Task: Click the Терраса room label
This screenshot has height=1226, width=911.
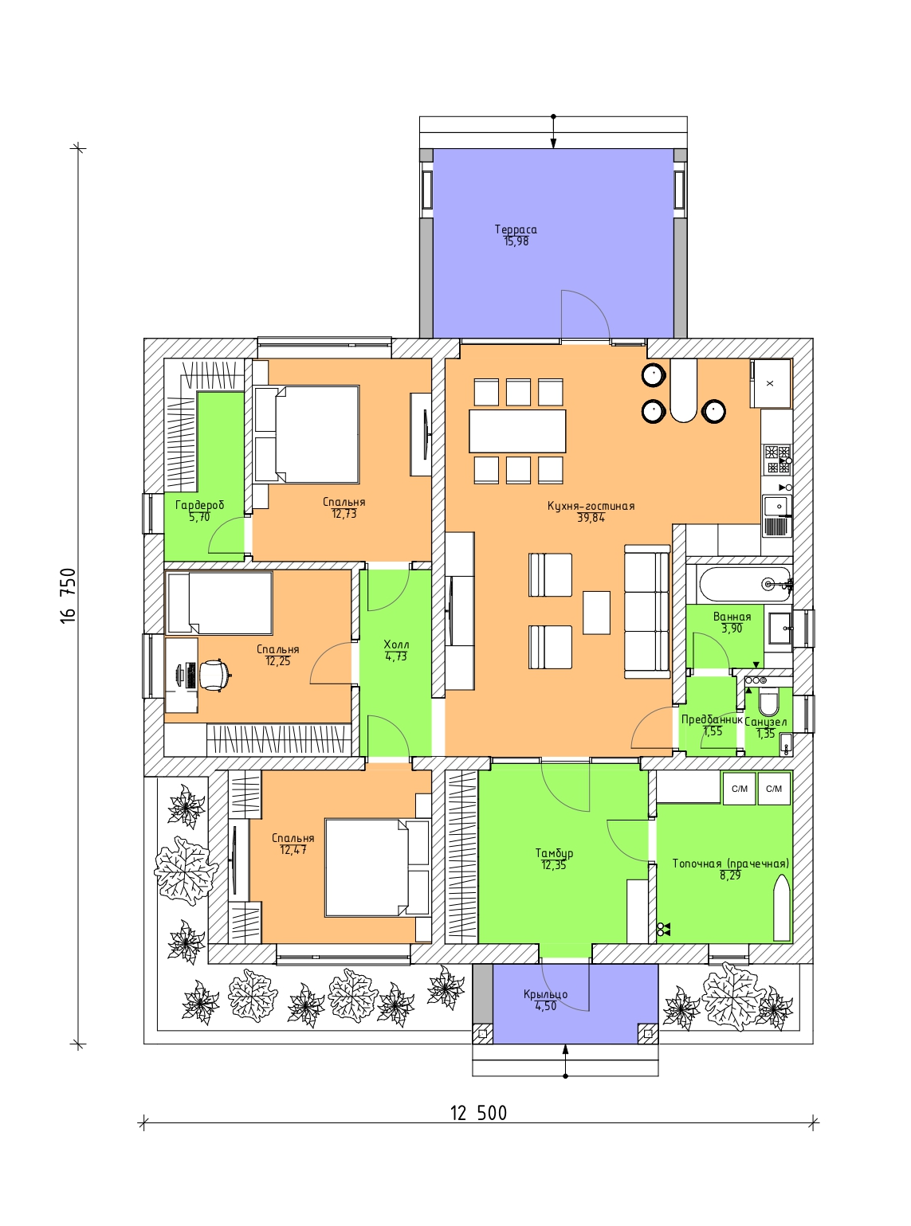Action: click(516, 229)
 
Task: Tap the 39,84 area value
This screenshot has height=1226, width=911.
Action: click(591, 518)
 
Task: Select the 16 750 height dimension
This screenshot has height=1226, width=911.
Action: click(68, 595)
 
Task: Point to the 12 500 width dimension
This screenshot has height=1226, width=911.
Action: click(478, 1113)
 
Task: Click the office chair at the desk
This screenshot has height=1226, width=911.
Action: click(214, 675)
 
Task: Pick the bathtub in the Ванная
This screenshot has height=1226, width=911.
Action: click(746, 584)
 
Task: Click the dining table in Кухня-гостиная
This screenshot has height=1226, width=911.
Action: click(517, 431)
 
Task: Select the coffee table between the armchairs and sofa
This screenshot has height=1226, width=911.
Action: click(596, 613)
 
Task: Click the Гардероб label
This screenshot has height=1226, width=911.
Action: click(200, 505)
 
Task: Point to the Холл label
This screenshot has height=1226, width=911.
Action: click(396, 644)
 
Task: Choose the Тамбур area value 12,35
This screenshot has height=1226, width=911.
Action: click(554, 865)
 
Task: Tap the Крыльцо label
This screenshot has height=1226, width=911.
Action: click(545, 994)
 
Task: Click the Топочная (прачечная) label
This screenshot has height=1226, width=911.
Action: click(730, 864)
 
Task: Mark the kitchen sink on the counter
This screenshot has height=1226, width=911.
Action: click(777, 506)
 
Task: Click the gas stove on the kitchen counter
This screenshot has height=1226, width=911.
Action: click(777, 460)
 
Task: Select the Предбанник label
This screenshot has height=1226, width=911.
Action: click(711, 719)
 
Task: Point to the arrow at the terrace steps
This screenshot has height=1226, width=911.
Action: click(553, 133)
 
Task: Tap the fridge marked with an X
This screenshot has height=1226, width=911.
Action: click(770, 384)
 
